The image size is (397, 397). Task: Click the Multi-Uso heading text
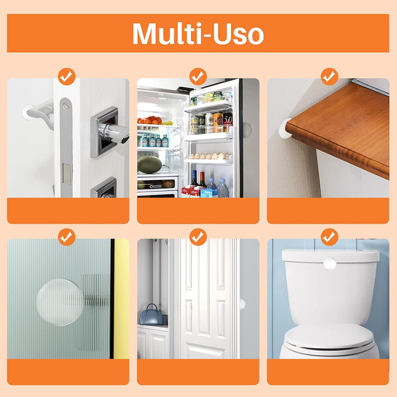(x=198, y=34)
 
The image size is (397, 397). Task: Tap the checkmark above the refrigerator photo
(x=198, y=76)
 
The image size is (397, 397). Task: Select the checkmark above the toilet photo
(x=330, y=237)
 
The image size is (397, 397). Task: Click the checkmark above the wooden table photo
(x=330, y=76)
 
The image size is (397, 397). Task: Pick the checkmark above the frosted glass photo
(x=66, y=237)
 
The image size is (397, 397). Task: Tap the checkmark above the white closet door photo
(x=198, y=237)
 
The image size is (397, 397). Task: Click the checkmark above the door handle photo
(x=66, y=76)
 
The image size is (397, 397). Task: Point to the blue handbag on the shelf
(x=151, y=315)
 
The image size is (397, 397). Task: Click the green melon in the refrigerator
(x=150, y=164)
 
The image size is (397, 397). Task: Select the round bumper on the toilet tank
(x=330, y=264)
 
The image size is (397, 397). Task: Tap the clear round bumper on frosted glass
(x=60, y=302)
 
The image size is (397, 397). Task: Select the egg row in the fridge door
(x=209, y=156)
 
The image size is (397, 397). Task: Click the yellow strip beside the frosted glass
(x=121, y=299)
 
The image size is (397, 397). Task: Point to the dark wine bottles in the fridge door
(x=198, y=179)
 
